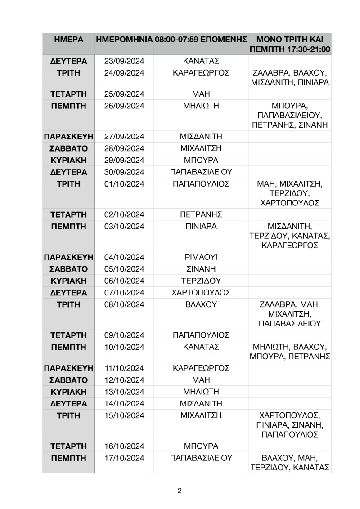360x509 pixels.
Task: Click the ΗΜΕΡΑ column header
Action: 68,40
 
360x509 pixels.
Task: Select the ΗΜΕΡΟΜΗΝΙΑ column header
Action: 124,40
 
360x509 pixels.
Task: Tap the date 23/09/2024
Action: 124,61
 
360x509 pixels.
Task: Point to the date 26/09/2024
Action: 124,106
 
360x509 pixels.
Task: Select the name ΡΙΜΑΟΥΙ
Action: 201,257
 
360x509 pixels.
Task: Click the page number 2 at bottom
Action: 180,490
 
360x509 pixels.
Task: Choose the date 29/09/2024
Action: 124,160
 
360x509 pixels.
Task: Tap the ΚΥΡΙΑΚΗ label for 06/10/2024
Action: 68,281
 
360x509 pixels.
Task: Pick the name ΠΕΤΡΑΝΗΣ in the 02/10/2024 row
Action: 201,214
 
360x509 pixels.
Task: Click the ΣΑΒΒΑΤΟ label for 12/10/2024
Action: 68,380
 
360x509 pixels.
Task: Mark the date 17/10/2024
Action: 124,458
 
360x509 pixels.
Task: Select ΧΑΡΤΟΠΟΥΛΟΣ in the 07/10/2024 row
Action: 201,293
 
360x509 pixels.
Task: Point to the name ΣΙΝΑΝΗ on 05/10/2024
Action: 201,269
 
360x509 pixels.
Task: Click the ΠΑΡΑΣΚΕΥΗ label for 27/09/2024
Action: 68,136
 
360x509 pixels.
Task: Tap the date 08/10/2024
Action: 124,304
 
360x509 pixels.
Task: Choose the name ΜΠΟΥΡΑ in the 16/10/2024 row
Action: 201,446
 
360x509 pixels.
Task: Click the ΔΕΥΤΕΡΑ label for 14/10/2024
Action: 68,403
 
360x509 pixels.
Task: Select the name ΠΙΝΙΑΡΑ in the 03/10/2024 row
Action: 201,226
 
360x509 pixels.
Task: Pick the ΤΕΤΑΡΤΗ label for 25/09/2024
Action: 68,94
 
